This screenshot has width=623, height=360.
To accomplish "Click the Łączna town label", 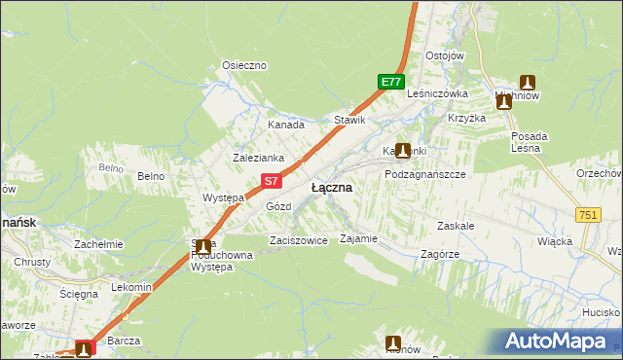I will (331, 187).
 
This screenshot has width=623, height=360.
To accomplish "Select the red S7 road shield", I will (274, 180).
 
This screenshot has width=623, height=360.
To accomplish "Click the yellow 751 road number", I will (586, 215).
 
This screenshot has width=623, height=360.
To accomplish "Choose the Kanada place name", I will (286, 125).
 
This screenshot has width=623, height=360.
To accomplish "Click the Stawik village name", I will (349, 120).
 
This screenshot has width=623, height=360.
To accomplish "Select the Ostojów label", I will (445, 55).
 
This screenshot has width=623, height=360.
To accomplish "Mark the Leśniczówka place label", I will (438, 93).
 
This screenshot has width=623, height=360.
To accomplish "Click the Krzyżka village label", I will (466, 118).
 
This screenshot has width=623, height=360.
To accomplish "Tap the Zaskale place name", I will (456, 225).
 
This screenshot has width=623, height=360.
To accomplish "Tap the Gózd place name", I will (278, 206).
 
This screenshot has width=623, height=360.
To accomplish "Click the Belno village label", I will (150, 176).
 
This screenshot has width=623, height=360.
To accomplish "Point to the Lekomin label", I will (131, 287).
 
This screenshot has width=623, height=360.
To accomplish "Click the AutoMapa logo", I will (557, 342).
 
